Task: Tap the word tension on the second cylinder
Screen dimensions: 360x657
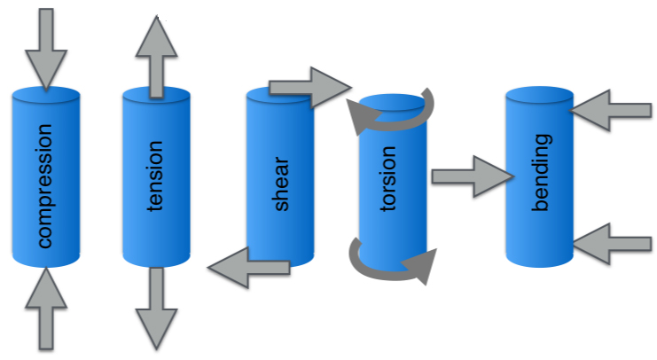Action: pos(156,176)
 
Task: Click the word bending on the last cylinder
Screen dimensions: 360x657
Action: pos(541,173)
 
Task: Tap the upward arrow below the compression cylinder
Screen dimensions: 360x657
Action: pos(46,310)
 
